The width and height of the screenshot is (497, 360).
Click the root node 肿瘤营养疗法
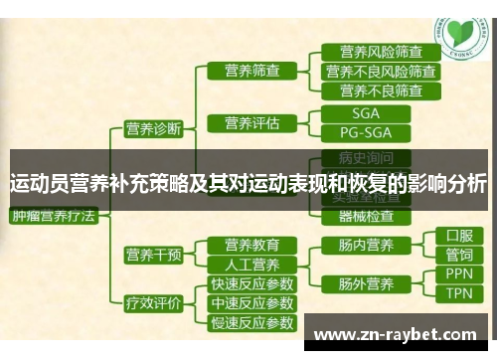[53, 215]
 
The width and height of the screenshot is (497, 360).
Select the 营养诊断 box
[153, 127]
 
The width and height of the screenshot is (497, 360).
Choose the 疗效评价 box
[153, 303]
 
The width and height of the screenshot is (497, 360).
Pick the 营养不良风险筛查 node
[381, 72]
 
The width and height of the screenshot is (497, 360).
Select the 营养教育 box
[251, 245]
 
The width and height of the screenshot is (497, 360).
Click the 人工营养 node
[251, 265]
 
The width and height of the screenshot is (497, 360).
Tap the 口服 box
[458, 237]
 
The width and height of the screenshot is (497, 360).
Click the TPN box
[458, 294]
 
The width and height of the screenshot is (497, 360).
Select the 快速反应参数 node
[251, 283]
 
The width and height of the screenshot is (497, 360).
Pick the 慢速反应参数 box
[251, 322]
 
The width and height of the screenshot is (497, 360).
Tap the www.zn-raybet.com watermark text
[402, 334]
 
